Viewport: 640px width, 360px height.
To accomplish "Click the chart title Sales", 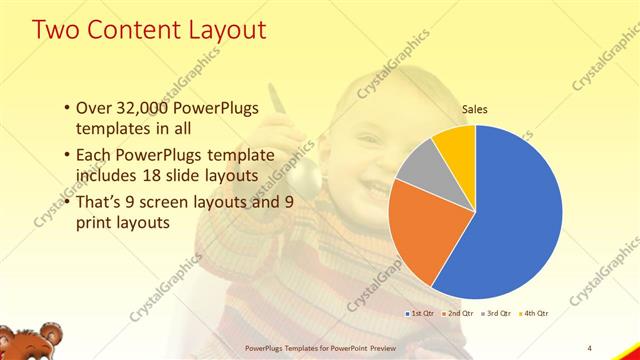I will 475,113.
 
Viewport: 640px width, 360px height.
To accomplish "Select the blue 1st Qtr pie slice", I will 520,220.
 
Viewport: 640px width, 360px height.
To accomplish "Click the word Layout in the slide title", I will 222,30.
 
